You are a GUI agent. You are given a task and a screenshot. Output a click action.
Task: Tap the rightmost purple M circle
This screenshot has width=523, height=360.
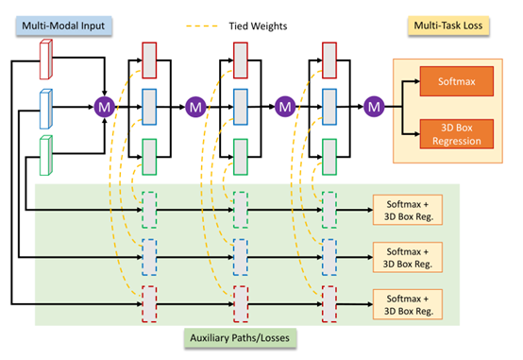click(x=375, y=107)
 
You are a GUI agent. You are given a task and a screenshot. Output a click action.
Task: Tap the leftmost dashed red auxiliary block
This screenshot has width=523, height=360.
click(x=149, y=303)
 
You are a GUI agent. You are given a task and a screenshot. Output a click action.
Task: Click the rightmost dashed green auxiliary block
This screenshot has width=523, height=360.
click(x=329, y=210)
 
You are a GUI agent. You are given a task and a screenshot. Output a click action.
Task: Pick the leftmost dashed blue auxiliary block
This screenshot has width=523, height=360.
click(x=149, y=256)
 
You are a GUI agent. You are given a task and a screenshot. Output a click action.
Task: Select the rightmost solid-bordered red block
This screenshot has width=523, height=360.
click(x=329, y=59)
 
